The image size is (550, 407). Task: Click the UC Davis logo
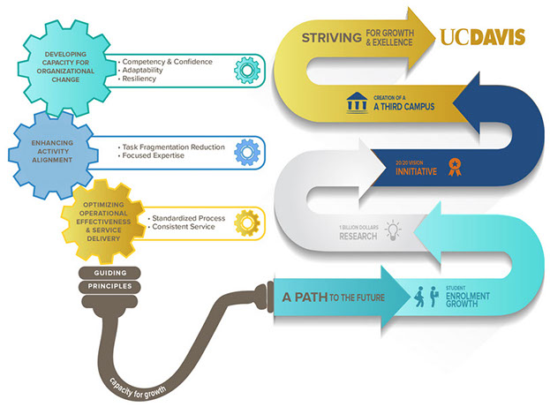click(482, 37)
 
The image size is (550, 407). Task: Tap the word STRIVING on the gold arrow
click(330, 38)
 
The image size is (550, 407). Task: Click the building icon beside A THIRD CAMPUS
click(356, 103)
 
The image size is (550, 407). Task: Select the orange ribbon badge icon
click(455, 165)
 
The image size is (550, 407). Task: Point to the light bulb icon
click(393, 231)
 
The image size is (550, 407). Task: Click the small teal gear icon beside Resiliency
click(247, 71)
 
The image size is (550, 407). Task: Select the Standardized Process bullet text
click(187, 217)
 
